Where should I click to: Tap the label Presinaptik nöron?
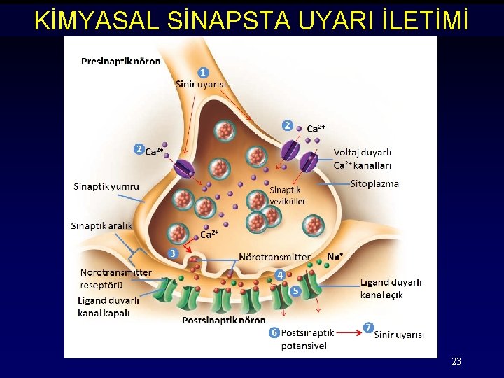point(120,61)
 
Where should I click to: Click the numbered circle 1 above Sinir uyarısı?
point(202,72)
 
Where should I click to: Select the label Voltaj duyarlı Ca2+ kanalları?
point(362,158)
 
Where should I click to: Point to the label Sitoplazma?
point(374,184)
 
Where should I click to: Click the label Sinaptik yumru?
point(106,186)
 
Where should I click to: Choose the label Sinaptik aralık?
point(101,225)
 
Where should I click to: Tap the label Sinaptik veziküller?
point(287,195)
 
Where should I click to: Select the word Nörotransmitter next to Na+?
point(274,257)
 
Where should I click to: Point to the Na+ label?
point(335,256)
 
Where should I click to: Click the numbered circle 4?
point(279,275)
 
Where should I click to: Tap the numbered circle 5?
point(295,290)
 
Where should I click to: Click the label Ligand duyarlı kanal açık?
point(391,288)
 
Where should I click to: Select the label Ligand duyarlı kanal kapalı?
point(108,307)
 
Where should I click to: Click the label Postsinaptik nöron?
point(223,321)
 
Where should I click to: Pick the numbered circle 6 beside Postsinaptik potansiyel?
point(274,332)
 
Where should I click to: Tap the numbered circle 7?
point(368,328)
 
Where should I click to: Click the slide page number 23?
point(456,362)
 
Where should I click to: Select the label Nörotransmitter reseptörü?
point(115,279)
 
